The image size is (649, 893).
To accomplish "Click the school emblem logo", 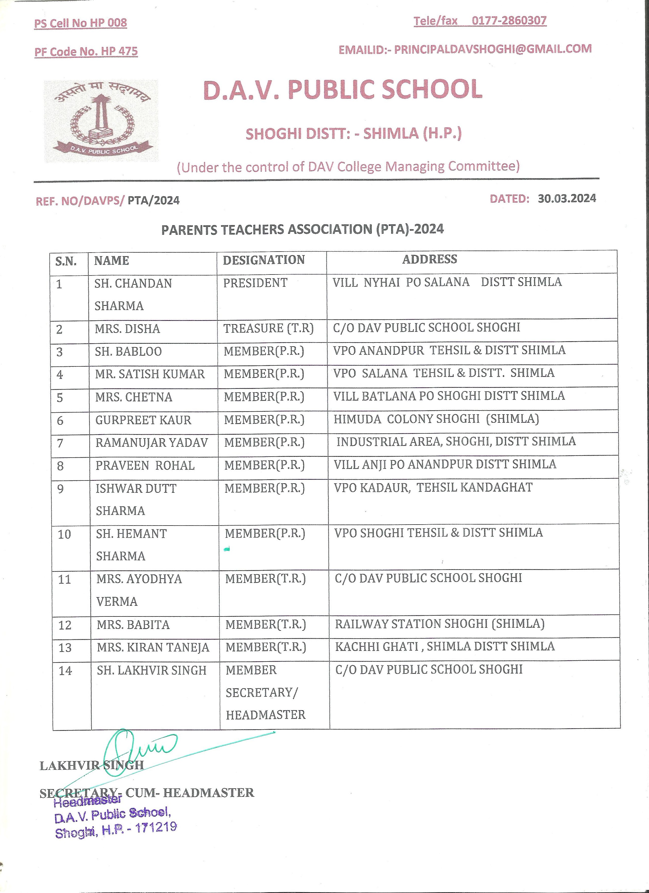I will [x=101, y=121].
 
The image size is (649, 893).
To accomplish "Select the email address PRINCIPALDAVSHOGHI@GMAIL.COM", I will [x=492, y=49].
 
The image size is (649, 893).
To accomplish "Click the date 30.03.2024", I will [x=567, y=198].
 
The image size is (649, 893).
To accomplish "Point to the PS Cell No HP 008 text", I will [x=81, y=23].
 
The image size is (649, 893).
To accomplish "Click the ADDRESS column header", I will [x=429, y=259].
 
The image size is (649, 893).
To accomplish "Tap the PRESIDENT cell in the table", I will [x=255, y=283].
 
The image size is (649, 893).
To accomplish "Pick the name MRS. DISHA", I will [x=127, y=329].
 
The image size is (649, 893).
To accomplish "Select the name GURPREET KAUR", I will [x=143, y=420].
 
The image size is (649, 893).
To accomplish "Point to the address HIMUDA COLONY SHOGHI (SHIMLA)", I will [x=436, y=419].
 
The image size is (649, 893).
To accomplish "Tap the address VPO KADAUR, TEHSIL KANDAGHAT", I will [x=433, y=487].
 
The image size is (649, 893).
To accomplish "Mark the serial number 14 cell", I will [x=65, y=670].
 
